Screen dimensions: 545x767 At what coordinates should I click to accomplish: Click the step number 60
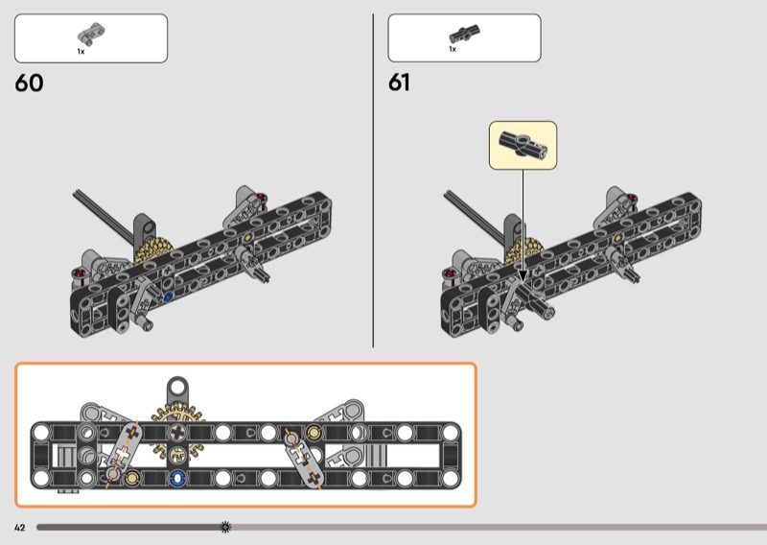(29, 83)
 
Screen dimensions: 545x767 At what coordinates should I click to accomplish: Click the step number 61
(399, 83)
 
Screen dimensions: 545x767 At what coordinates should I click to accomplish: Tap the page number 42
(19, 527)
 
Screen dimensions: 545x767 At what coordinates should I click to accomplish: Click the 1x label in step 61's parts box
(453, 49)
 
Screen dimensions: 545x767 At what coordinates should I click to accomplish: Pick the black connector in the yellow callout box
(523, 145)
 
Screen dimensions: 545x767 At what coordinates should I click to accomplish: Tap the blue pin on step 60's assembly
(169, 297)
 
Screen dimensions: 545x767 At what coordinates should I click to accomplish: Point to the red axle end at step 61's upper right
(632, 200)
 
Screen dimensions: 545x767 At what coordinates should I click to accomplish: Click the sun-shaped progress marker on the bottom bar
(225, 527)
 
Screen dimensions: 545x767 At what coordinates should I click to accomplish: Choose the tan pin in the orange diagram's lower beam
(131, 477)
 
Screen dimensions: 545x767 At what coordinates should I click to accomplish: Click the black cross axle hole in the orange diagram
(176, 434)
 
